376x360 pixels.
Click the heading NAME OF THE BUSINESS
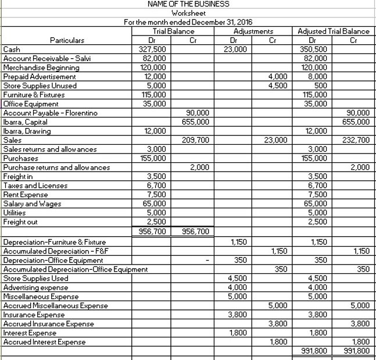[x=188, y=4]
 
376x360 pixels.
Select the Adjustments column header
[x=253, y=31]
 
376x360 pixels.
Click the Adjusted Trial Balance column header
[x=333, y=31]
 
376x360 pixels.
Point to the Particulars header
[x=67, y=40]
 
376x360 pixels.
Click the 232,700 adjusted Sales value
[x=356, y=140]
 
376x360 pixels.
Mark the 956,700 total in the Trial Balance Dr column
[x=153, y=231]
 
